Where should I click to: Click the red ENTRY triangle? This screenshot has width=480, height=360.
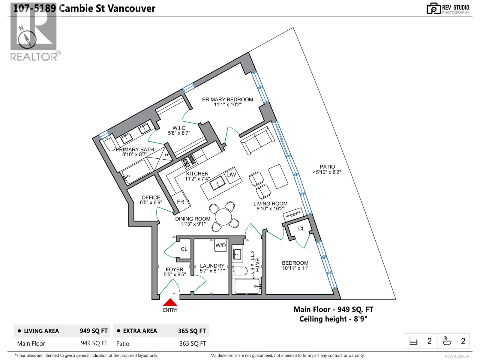click(170, 302)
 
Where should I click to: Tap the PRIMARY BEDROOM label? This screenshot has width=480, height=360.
click(227, 100)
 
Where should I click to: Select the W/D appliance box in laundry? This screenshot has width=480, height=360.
click(220, 245)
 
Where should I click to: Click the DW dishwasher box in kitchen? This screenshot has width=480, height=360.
click(231, 175)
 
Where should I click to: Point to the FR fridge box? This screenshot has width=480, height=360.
click(181, 202)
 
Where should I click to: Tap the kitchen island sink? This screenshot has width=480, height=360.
click(217, 183)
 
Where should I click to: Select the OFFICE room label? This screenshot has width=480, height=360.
click(151, 197)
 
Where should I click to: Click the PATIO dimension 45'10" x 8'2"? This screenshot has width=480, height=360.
click(327, 172)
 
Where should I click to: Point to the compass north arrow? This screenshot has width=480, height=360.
click(27, 39)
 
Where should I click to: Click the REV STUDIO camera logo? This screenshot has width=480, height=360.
click(433, 8)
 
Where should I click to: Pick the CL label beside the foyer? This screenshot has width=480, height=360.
click(184, 249)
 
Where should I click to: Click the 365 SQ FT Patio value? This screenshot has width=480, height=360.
click(193, 343)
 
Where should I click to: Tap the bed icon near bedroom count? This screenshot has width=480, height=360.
click(413, 341)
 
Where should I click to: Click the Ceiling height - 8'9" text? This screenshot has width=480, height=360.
click(333, 319)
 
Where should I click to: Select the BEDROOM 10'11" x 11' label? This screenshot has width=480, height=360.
click(295, 265)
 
